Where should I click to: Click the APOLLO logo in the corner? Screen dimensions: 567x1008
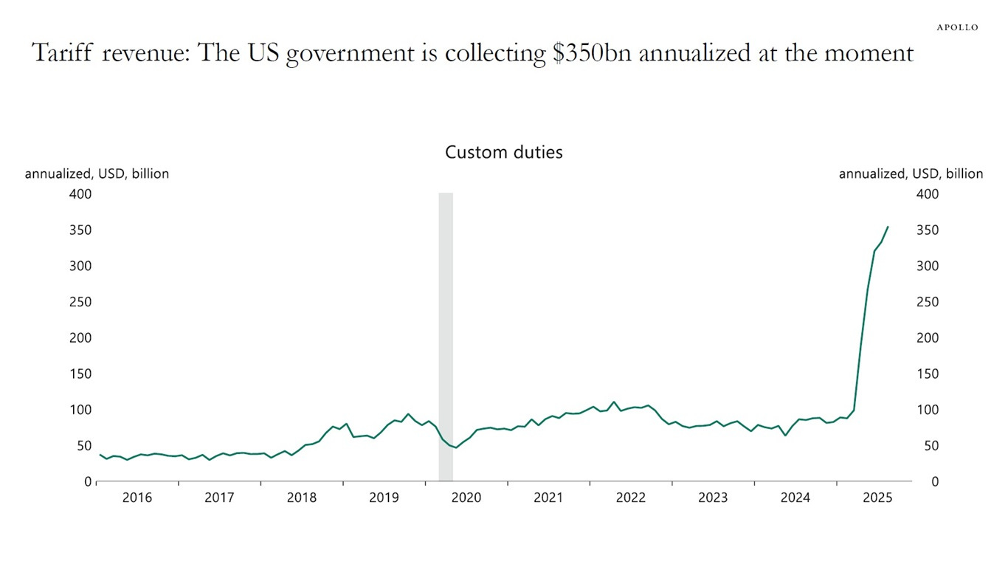tap(957, 27)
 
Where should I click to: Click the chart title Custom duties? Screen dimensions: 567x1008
tap(503, 152)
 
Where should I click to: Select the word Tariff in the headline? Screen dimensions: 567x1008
tap(62, 53)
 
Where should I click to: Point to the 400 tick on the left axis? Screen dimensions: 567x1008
tap(80, 194)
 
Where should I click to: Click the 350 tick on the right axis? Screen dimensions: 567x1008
tap(928, 230)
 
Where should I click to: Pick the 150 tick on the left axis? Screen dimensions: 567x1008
tap(80, 374)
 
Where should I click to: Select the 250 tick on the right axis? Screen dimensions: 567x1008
tap(928, 302)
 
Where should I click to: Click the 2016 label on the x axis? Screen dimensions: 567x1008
tap(137, 498)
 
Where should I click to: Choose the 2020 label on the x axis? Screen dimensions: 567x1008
tap(466, 498)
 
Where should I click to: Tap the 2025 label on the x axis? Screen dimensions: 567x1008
tap(877, 498)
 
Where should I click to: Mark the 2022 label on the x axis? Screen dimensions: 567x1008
tap(631, 498)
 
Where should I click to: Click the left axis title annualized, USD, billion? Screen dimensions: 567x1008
tap(97, 174)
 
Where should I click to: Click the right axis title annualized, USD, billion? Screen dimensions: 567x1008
tap(911, 174)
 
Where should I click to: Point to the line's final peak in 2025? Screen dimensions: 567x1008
tap(888, 227)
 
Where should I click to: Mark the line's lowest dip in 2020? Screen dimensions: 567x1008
tap(455, 447)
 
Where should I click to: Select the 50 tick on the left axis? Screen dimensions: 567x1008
tap(83, 446)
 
